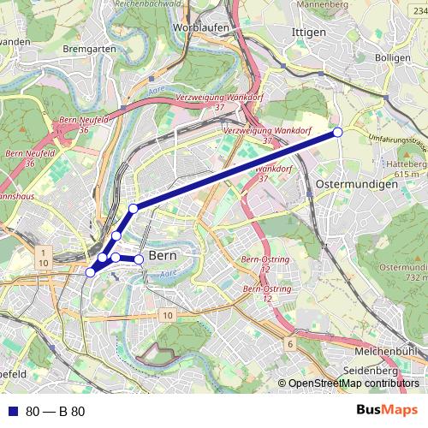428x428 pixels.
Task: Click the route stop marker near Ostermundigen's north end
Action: (x=338, y=132)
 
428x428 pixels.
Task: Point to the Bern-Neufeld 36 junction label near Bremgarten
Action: (x=84, y=124)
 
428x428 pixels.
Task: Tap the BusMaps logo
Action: (x=387, y=410)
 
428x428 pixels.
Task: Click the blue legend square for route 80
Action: (x=13, y=411)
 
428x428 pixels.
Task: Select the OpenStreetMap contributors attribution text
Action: (x=353, y=383)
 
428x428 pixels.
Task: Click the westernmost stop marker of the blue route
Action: (x=90, y=272)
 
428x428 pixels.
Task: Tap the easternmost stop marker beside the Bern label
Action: (x=140, y=259)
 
